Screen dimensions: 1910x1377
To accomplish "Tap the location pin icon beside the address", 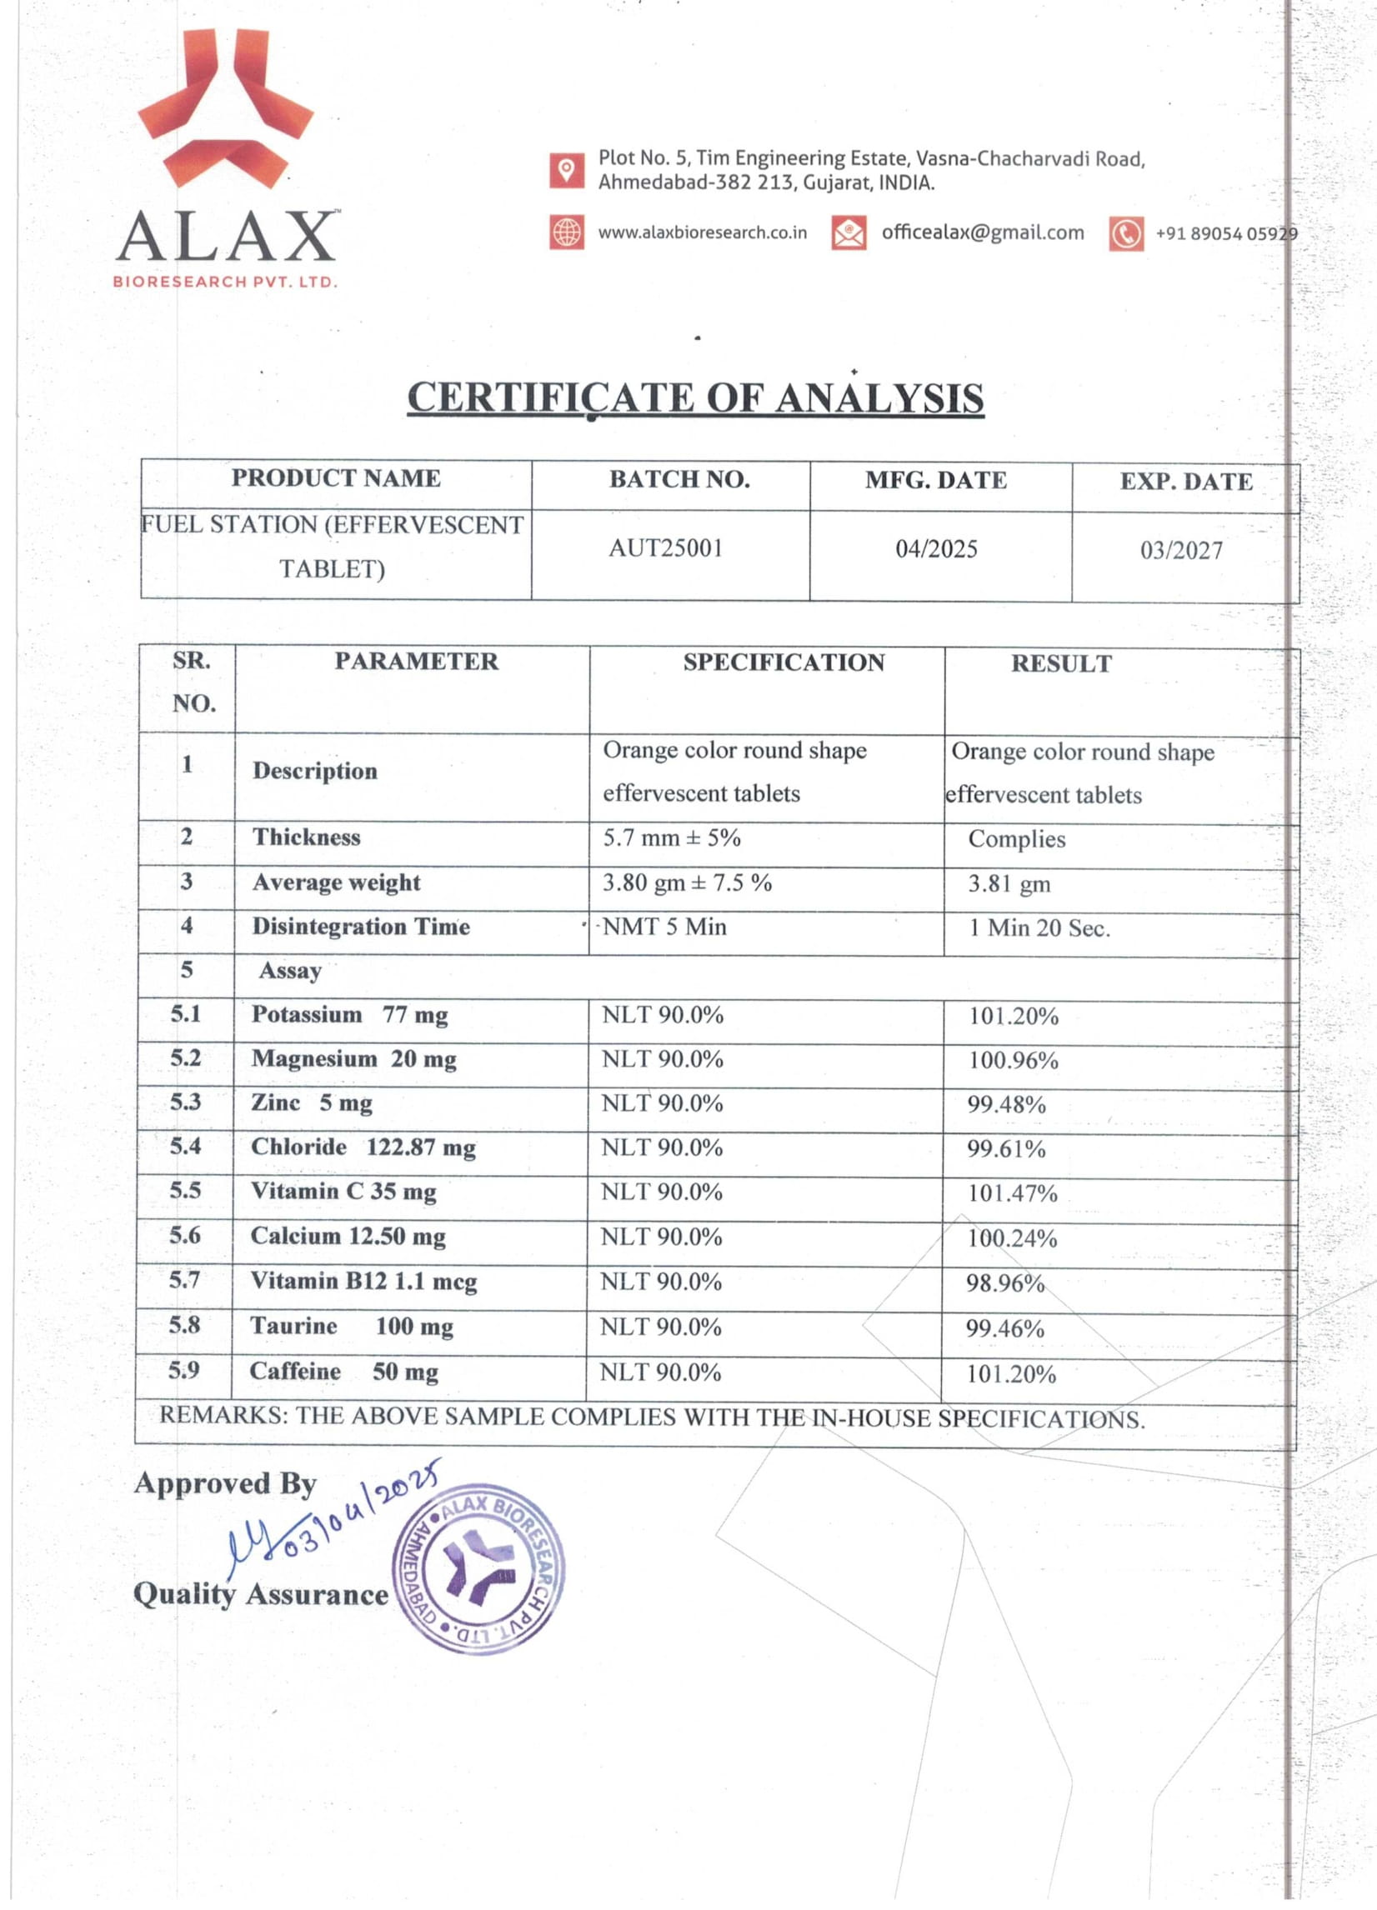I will click(567, 170).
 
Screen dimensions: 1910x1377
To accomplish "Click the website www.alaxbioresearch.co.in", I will click(703, 233).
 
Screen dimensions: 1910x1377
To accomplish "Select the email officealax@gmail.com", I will click(982, 233).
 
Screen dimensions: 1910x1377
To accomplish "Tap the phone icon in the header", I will click(1126, 234).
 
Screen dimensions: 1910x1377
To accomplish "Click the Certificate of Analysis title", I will click(696, 398).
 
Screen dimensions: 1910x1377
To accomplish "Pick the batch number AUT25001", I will click(665, 549).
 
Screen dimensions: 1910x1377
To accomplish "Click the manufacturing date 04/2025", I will click(937, 550).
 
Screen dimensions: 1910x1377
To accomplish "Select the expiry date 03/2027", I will click(1181, 551).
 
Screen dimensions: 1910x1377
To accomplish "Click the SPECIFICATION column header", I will click(784, 662).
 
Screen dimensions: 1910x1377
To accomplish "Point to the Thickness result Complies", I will click(1017, 839).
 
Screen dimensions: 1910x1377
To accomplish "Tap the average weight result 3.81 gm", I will click(1009, 883).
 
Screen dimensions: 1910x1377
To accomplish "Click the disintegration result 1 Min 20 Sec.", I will click(1039, 928).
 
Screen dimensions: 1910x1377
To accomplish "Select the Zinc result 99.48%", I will click(1005, 1104).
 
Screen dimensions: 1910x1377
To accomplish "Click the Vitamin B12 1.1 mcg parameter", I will click(363, 1281).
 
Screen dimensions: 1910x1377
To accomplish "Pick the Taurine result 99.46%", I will click(1004, 1329).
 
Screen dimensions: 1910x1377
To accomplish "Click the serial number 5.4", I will click(185, 1146).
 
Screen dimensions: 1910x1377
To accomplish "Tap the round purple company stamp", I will click(478, 1568).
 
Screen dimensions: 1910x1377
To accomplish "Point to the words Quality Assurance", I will click(261, 1594).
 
